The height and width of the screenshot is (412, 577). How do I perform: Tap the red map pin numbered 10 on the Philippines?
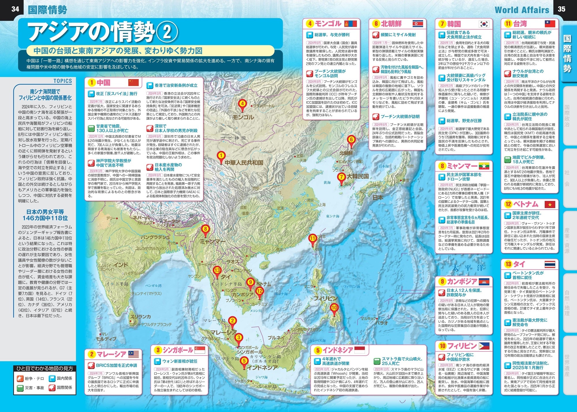point(334,308)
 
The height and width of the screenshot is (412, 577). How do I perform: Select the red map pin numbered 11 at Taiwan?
point(313,239)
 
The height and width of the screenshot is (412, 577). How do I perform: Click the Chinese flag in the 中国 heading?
point(134,83)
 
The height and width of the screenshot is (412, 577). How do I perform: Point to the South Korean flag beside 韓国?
point(484,24)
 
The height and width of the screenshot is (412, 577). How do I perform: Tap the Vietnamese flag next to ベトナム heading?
point(550,205)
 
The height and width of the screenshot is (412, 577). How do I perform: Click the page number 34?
point(15,9)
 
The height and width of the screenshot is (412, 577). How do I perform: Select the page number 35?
point(561,9)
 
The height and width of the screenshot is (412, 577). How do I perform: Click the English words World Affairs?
point(522,10)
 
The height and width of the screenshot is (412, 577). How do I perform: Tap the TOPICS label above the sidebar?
point(63,81)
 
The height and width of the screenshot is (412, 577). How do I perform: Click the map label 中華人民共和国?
point(244,163)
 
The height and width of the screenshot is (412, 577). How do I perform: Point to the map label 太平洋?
point(468,268)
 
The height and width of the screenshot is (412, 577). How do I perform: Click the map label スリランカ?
point(140,317)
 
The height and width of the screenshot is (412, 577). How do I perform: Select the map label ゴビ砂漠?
point(234,138)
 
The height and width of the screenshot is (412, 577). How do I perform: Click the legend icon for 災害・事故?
point(20,387)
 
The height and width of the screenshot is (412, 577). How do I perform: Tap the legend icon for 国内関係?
point(52,378)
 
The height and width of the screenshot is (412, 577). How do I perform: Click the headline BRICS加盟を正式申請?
point(117,365)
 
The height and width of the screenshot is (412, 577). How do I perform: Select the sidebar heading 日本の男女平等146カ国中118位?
point(45,215)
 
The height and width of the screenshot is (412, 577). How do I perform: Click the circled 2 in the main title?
point(167,32)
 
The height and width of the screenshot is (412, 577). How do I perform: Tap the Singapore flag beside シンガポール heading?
point(200,350)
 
